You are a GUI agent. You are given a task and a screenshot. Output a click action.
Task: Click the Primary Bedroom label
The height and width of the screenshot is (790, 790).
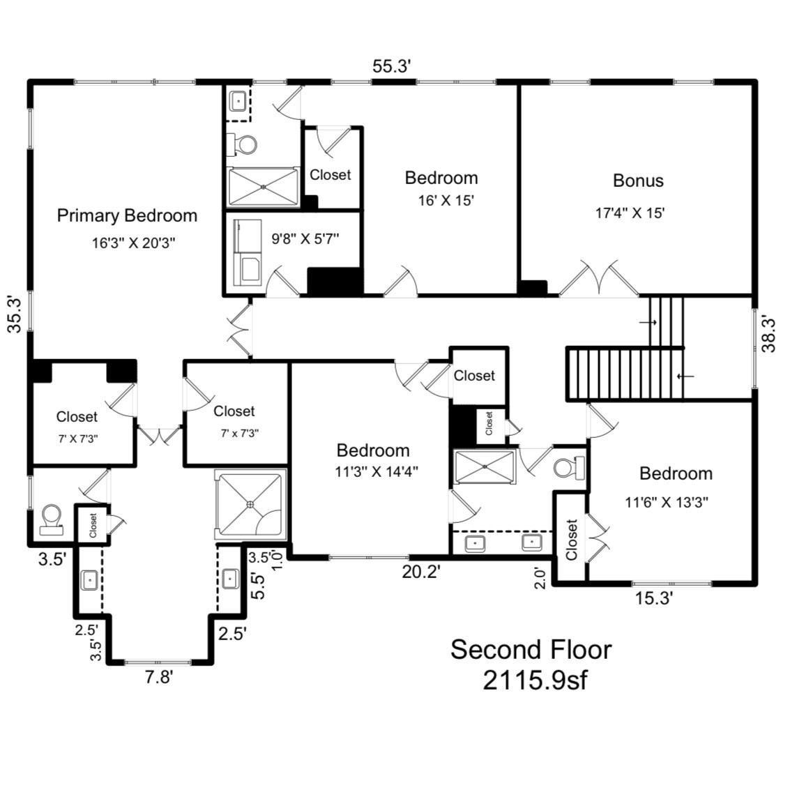(127, 215)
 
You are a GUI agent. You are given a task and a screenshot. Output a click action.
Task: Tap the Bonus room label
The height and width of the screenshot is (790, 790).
(638, 181)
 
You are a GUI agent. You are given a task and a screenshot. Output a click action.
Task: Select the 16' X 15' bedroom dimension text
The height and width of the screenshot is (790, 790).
(446, 201)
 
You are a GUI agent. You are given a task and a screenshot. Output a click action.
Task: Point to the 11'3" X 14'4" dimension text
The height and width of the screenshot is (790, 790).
(377, 472)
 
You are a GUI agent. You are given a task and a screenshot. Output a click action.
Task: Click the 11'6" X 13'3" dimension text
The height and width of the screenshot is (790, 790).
(667, 502)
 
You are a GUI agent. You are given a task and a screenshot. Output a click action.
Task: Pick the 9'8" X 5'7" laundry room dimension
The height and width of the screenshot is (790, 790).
(305, 238)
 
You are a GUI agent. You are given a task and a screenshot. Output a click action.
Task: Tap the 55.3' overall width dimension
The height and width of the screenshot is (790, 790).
(392, 66)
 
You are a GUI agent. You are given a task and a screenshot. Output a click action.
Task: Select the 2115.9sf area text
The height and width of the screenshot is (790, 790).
(535, 681)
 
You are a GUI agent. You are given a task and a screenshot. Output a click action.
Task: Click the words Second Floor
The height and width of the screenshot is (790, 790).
(531, 649)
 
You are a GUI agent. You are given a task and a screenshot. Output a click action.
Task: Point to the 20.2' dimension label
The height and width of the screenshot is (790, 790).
(421, 572)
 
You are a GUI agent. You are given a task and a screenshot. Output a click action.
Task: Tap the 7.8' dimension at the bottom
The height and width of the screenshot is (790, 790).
(159, 677)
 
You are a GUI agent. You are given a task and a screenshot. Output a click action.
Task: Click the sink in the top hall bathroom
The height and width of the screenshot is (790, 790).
(238, 102)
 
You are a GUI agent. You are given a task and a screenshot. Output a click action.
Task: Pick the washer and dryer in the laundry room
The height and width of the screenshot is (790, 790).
(248, 252)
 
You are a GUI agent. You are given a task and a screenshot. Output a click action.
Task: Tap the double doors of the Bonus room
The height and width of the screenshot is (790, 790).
(598, 278)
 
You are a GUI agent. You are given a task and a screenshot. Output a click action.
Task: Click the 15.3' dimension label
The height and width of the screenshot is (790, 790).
(654, 598)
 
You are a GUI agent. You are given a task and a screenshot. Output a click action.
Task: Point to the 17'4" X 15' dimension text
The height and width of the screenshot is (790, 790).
(630, 213)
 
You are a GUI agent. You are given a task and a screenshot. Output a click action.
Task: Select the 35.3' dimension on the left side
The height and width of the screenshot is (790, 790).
(15, 314)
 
